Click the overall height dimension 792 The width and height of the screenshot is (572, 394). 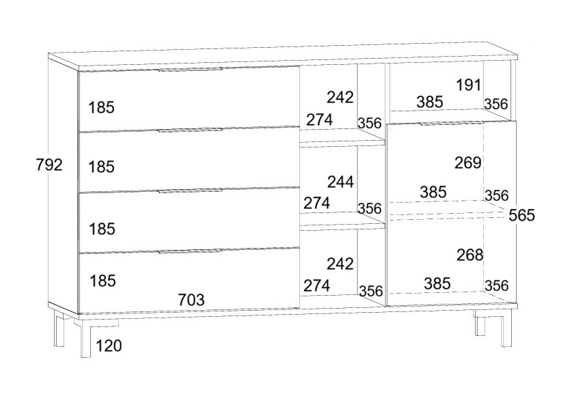[x=50, y=165]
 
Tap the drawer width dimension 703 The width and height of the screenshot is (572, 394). [x=191, y=299]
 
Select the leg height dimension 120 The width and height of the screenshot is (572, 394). [x=109, y=346]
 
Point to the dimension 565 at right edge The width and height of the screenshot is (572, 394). [x=521, y=216]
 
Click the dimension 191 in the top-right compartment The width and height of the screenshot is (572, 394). [x=469, y=85]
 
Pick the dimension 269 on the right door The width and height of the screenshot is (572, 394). [x=468, y=163]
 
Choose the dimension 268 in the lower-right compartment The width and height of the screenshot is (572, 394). [x=469, y=255]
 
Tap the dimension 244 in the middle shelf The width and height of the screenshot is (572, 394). [x=340, y=182]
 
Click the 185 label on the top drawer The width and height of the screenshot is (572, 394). [x=102, y=107]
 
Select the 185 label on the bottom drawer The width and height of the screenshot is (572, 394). [x=102, y=280]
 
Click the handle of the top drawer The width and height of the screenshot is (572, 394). [x=191, y=69]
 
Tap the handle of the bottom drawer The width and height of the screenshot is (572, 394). [x=191, y=252]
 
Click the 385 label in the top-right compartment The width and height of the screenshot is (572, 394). [x=430, y=102]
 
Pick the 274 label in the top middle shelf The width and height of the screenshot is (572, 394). [x=319, y=119]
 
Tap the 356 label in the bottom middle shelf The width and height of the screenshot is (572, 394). [x=370, y=291]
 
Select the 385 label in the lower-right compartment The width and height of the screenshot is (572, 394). [x=437, y=283]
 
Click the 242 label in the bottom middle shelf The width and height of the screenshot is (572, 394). [x=340, y=264]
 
